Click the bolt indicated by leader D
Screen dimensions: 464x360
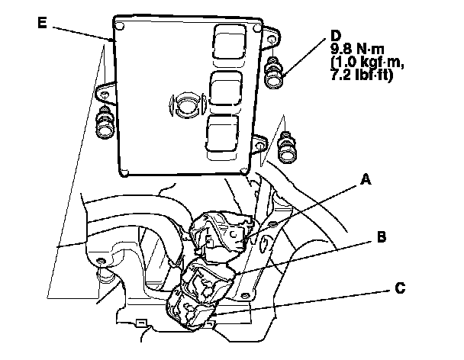[273, 74]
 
